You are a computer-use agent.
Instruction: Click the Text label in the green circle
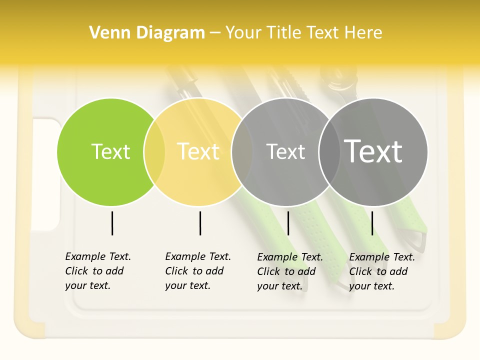tap(110, 151)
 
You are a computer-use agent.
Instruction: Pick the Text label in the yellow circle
tap(198, 151)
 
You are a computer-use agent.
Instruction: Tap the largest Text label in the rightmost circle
tap(373, 151)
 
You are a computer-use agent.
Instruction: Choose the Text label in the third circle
tap(285, 151)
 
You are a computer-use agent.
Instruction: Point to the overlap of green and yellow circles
tap(154, 152)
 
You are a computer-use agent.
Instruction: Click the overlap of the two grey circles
tap(329, 152)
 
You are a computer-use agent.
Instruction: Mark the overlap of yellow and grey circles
tap(242, 152)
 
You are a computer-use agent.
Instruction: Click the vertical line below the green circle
tap(112, 223)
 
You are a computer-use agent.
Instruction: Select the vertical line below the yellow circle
tap(200, 223)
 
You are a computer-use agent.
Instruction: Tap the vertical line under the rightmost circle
tap(372, 223)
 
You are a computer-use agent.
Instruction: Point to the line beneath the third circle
tap(288, 223)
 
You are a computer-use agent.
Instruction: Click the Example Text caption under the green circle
tap(98, 271)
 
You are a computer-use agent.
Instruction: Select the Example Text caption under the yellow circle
tap(198, 271)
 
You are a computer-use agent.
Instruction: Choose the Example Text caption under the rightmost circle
tap(382, 271)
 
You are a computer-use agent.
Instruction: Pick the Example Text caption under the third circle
tap(290, 271)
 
